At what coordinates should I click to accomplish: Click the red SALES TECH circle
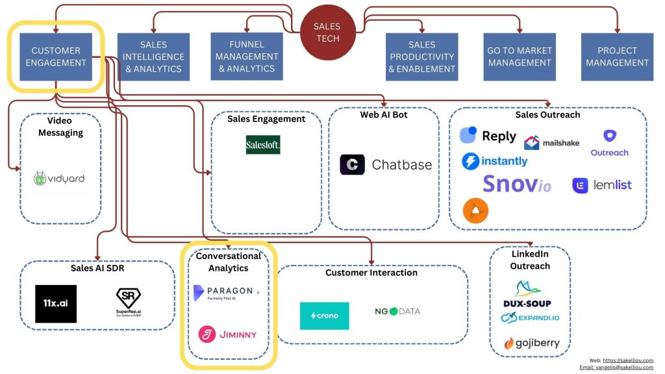pyautogui.click(x=327, y=32)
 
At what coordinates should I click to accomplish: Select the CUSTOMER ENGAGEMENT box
pyautogui.click(x=55, y=56)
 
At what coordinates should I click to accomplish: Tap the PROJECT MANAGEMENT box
pyautogui.click(x=616, y=56)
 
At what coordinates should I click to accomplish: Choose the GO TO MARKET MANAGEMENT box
pyautogui.click(x=519, y=56)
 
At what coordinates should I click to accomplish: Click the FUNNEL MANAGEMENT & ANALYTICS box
pyautogui.click(x=246, y=56)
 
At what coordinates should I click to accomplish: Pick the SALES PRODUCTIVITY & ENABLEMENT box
pyautogui.click(x=421, y=56)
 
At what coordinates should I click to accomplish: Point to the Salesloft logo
pyautogui.click(x=263, y=144)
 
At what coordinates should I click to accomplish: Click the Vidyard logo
pyautogui.click(x=59, y=179)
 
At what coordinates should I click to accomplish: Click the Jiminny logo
pyautogui.click(x=227, y=334)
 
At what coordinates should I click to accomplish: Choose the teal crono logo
pyautogui.click(x=324, y=316)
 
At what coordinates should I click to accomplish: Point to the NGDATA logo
pyautogui.click(x=397, y=312)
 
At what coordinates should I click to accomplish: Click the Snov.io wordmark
pyautogui.click(x=516, y=184)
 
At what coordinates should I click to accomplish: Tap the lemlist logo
pyautogui.click(x=601, y=185)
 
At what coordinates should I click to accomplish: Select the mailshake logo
pyautogui.click(x=551, y=143)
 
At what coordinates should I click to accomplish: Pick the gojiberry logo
pyautogui.click(x=531, y=343)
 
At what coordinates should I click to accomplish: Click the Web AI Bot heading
pyautogui.click(x=383, y=115)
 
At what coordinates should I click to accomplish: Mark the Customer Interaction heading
pyautogui.click(x=371, y=273)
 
